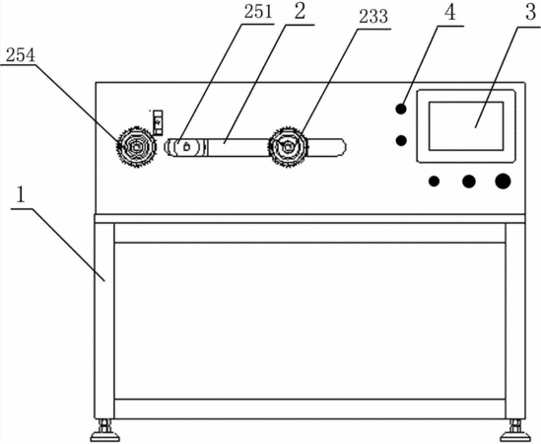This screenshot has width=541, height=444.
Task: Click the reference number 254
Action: [21, 55]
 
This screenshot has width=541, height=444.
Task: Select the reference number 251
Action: [258, 12]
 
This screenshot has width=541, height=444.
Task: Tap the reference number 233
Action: [373, 17]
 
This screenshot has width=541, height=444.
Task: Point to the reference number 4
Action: [450, 13]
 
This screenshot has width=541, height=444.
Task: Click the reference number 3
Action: [530, 13]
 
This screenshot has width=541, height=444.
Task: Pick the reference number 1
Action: [21, 195]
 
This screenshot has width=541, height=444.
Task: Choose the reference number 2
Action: [300, 12]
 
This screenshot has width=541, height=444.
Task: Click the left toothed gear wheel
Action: [135, 147]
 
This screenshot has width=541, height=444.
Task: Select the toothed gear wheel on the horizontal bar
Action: [288, 147]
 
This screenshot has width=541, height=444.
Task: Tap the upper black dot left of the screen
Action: [401, 109]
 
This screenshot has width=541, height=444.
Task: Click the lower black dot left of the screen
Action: [401, 140]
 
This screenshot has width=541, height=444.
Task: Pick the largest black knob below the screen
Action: [503, 182]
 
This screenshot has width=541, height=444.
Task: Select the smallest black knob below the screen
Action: [434, 182]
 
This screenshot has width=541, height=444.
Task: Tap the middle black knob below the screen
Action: [468, 182]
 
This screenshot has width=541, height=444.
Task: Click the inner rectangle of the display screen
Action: [466, 125]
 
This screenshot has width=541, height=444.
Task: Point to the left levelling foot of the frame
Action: [104, 431]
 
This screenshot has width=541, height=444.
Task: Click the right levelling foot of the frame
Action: [515, 431]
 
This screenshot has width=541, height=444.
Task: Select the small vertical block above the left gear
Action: [158, 122]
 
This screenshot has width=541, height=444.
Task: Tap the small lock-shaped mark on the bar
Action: [186, 146]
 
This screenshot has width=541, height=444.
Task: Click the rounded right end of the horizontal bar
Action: [342, 147]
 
